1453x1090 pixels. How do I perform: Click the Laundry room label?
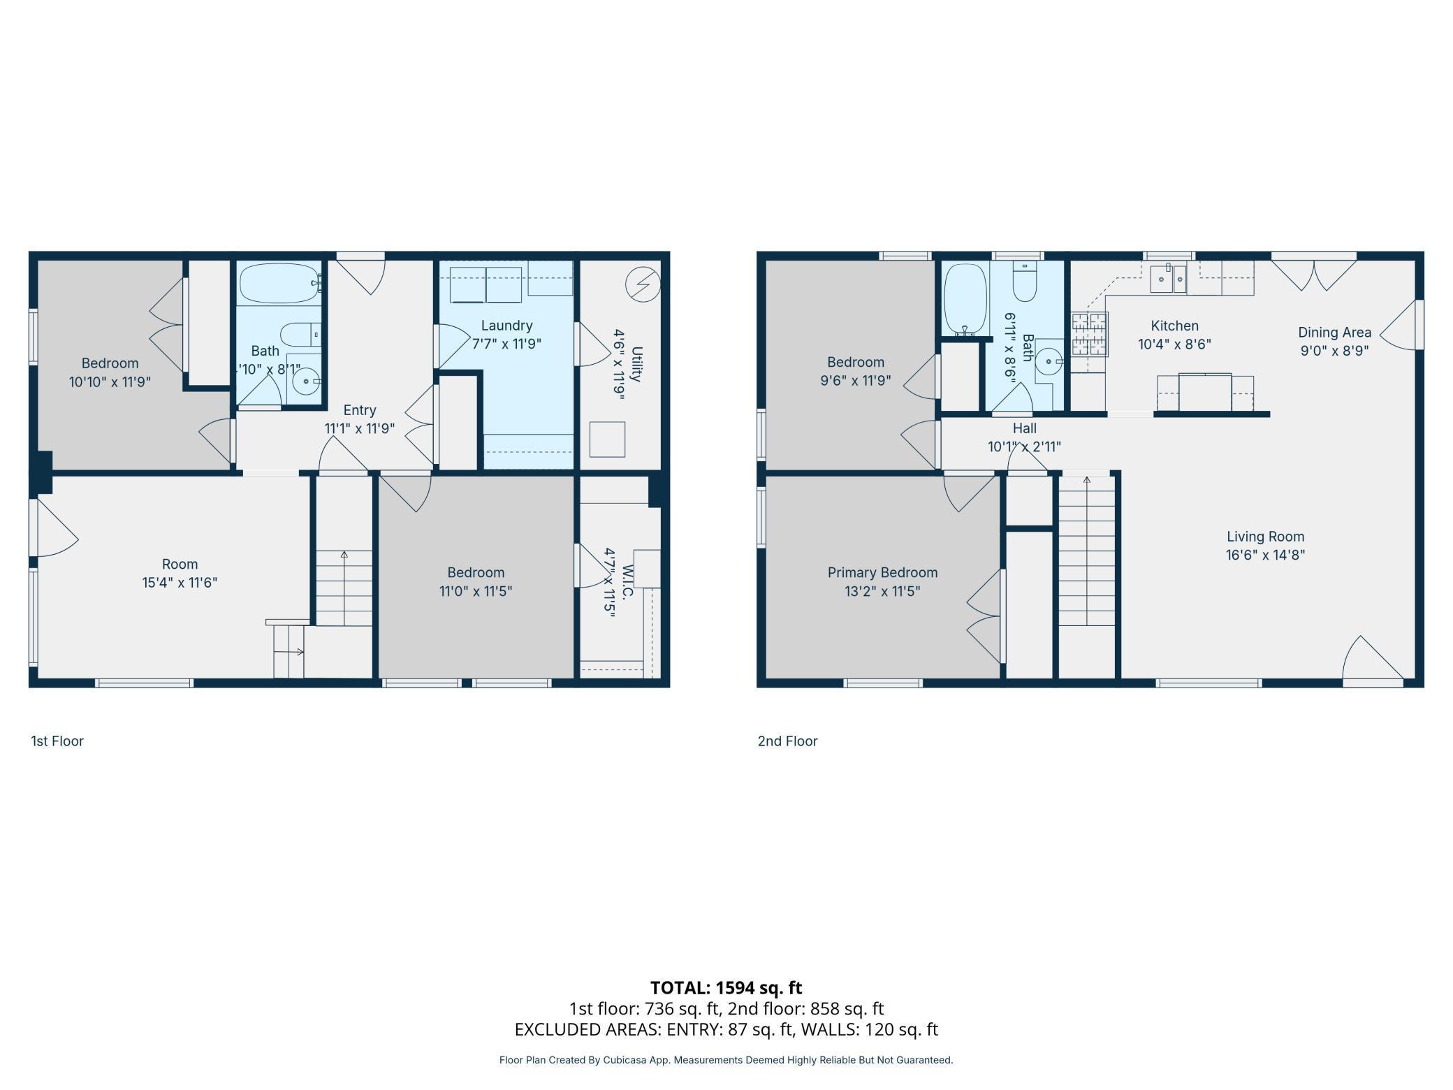(506, 326)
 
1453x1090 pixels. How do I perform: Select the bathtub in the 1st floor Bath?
(279, 283)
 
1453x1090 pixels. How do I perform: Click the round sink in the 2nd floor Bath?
(1049, 361)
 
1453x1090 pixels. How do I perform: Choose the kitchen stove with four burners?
(1090, 334)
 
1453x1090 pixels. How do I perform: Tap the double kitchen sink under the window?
(1168, 279)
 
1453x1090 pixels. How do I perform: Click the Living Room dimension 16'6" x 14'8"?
(1265, 555)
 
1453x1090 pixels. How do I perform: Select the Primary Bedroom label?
(882, 572)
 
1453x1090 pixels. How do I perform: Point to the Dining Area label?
(1334, 333)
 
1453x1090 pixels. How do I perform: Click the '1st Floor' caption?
(57, 741)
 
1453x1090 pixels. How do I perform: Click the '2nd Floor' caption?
(787, 741)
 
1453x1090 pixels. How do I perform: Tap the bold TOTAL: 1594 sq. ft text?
(726, 987)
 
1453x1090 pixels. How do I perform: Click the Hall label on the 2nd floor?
(1024, 428)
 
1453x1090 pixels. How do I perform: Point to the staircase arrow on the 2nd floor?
(1086, 481)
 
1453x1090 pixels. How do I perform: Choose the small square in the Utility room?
(607, 439)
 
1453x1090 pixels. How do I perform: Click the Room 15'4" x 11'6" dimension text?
(180, 582)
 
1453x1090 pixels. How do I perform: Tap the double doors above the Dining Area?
(1313, 275)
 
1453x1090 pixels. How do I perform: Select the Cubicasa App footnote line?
(726, 1060)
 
